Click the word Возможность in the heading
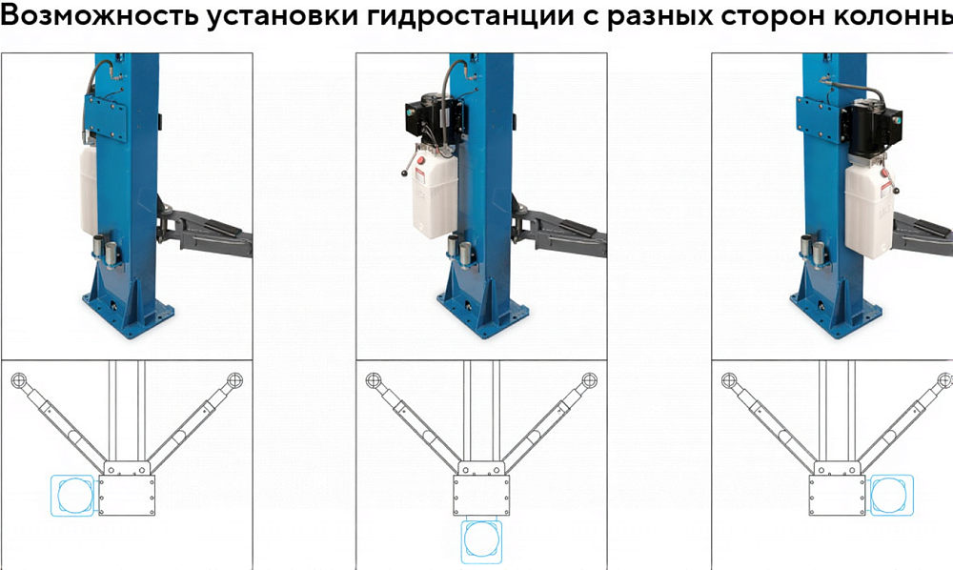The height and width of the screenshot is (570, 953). click(x=99, y=16)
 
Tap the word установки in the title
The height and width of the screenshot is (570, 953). click(x=283, y=17)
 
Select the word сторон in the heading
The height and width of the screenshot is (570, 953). click(x=773, y=17)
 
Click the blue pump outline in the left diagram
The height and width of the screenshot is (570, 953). click(x=72, y=496)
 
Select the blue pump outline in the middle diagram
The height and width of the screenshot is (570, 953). click(x=481, y=541)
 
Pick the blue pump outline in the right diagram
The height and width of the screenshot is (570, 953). click(x=892, y=496)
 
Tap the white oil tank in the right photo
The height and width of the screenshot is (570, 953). click(x=870, y=210)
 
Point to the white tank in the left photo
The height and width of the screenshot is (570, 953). click(x=89, y=189)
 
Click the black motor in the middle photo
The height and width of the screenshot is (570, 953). click(x=433, y=118)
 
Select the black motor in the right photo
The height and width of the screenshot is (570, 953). click(x=876, y=129)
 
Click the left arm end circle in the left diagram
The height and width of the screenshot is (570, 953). click(x=19, y=381)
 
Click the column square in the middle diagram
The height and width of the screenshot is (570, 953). click(x=481, y=496)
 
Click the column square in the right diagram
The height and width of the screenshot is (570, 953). click(x=837, y=496)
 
